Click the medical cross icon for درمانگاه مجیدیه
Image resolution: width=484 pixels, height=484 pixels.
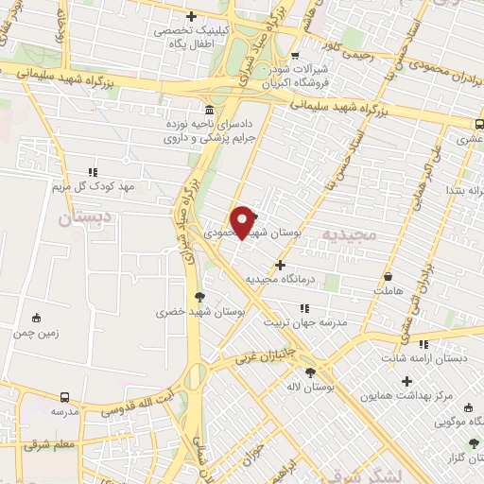pyautogui.click(x=279, y=265)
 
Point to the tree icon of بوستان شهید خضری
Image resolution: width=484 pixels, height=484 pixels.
pyautogui.click(x=198, y=296)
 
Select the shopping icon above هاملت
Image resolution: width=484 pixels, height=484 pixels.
pyautogui.click(x=389, y=277)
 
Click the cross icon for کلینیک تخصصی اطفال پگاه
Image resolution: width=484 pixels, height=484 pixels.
pyautogui.click(x=192, y=16)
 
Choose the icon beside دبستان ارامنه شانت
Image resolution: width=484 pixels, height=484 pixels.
pyautogui.click(x=423, y=344)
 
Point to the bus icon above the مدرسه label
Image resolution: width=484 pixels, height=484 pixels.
pyautogui.click(x=64, y=398)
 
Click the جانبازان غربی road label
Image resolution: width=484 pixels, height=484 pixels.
pyautogui.click(x=259, y=357)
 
